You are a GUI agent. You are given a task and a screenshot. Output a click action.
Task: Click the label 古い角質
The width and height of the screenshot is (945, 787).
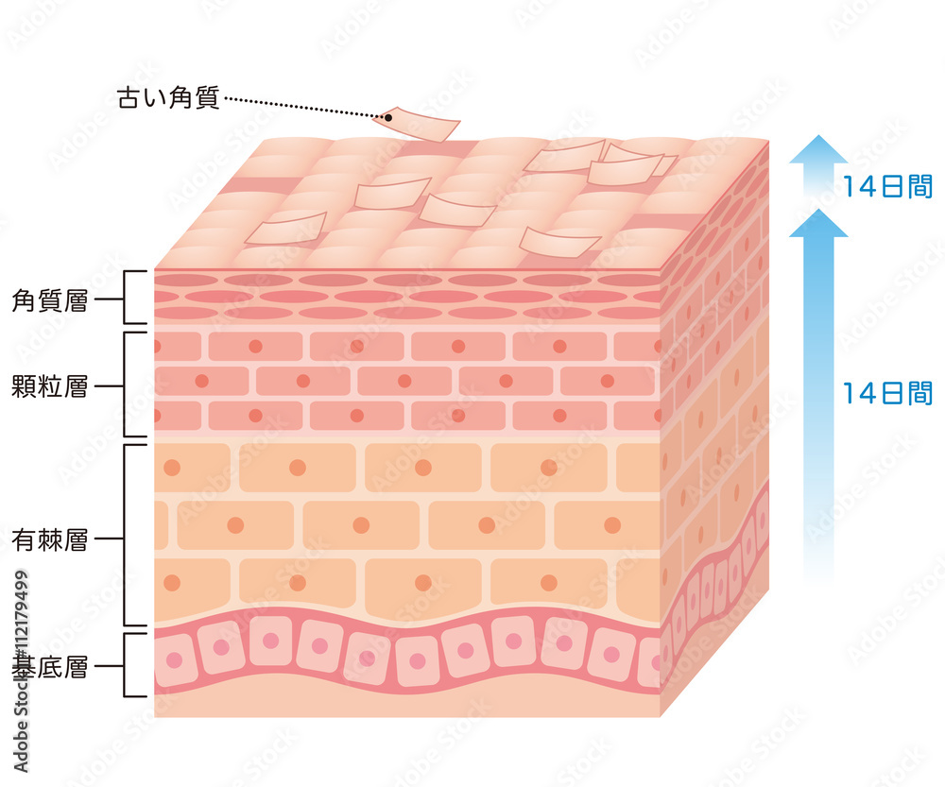tap(168, 97)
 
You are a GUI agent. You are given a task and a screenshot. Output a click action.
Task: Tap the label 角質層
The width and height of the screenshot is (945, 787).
tap(50, 300)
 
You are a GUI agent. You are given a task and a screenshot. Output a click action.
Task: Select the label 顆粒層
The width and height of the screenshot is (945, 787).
tap(50, 386)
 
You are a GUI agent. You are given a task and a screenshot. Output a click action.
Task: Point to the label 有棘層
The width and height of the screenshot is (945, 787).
tap(50, 539)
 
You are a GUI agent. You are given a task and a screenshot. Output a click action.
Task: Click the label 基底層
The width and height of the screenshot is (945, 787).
tap(50, 667)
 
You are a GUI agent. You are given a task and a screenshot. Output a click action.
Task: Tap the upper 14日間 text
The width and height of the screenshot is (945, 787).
tap(887, 186)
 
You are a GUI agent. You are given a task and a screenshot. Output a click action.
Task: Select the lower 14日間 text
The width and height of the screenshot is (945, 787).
tap(887, 393)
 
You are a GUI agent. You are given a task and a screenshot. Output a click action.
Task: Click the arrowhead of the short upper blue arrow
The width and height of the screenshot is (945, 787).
tap(818, 149)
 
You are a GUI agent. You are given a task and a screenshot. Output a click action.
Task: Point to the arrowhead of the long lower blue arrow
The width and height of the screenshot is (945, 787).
tap(818, 223)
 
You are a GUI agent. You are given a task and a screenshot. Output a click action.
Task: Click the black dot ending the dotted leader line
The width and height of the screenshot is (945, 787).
tap(388, 117)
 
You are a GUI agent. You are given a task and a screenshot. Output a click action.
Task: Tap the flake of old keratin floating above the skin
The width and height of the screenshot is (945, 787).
tap(417, 124)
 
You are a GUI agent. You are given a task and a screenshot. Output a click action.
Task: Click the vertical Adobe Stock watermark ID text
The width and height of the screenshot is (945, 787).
tap(21, 671)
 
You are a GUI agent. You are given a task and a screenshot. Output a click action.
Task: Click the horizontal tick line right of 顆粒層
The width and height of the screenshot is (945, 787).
tap(109, 386)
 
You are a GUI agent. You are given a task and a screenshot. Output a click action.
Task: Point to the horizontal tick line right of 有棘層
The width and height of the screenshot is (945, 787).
tap(109, 539)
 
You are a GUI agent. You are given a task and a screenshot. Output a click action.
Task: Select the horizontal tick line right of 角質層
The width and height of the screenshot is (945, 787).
tap(109, 299)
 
